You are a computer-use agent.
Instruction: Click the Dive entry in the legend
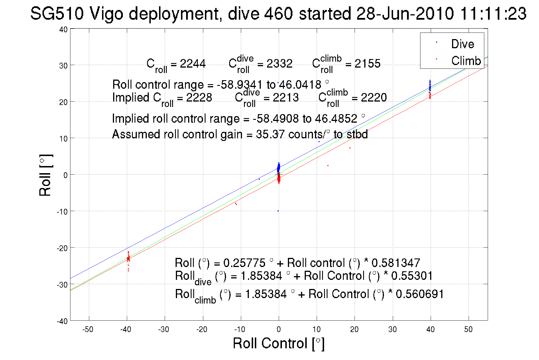point(462,44)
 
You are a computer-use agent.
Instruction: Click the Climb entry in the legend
point(466,61)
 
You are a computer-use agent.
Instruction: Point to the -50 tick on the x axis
point(88,329)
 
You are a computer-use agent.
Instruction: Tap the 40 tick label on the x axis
point(430,329)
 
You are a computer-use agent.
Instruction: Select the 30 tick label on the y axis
point(63,66)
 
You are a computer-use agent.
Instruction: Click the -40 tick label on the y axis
point(62,321)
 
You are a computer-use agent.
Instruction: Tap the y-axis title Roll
point(45,175)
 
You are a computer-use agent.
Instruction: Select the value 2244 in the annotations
point(193,64)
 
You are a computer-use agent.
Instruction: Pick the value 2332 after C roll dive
point(279,64)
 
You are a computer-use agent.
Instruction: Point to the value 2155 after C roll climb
point(367,64)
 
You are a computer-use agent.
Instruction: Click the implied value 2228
point(199,98)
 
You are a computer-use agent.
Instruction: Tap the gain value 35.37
point(270,134)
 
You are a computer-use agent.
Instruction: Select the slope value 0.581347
point(396,263)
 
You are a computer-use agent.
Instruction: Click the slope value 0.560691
point(420,294)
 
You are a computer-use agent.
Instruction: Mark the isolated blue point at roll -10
point(278,211)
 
